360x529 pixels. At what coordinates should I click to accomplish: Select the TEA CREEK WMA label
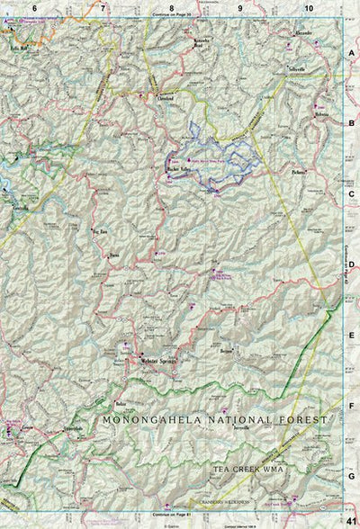[x=247, y=470]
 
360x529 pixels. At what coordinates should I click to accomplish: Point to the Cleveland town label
[x=164, y=99]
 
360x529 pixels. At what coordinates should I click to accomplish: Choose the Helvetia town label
[x=320, y=116]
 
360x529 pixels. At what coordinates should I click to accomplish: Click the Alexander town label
[x=304, y=34]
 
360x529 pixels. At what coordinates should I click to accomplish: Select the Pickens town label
[x=300, y=171]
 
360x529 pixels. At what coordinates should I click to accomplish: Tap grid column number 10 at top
[x=309, y=7]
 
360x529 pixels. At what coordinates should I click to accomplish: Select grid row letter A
[x=352, y=54]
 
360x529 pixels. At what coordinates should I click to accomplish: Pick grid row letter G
[x=352, y=477]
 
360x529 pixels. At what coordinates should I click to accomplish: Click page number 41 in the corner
[x=349, y=519]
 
